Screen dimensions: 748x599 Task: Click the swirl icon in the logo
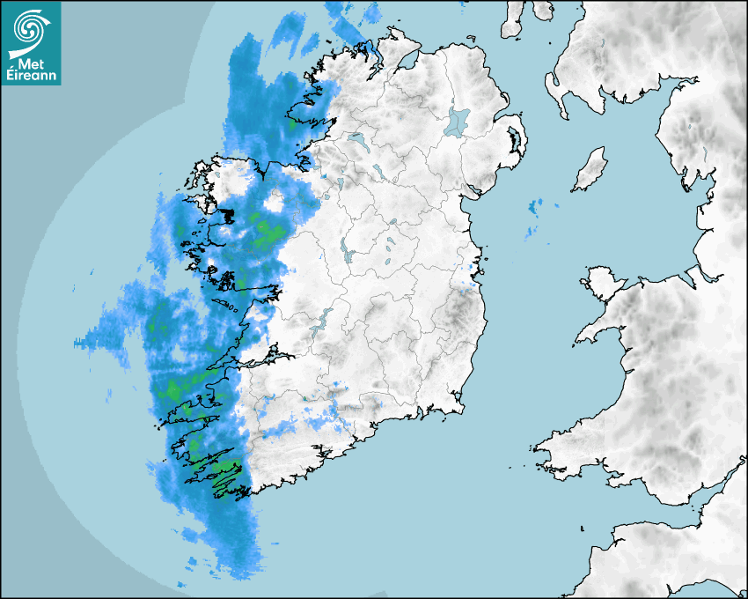pyautogui.click(x=30, y=27)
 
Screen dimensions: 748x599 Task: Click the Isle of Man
pyautogui.click(x=590, y=169)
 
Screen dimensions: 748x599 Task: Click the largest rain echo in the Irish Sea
pyautogui.click(x=532, y=209)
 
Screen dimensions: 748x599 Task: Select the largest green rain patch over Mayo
pyautogui.click(x=267, y=232)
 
